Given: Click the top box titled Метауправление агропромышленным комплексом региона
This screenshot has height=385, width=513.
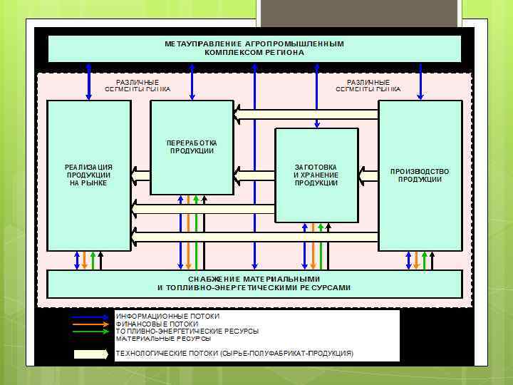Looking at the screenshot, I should click(x=254, y=48).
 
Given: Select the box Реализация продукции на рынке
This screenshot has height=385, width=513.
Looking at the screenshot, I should click(x=89, y=175).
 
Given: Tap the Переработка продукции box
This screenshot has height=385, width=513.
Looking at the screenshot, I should click(x=192, y=147).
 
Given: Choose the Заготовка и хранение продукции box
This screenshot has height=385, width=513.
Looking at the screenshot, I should click(x=316, y=175).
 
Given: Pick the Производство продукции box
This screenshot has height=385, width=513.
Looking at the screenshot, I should click(x=420, y=175).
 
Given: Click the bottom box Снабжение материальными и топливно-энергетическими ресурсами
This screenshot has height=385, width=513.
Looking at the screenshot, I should click(x=254, y=283).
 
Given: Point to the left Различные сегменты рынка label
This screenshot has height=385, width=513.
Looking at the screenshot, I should click(x=138, y=86).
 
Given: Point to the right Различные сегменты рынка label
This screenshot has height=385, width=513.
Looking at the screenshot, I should click(x=368, y=86).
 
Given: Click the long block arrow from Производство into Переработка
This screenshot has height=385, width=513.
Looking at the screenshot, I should click(x=306, y=114).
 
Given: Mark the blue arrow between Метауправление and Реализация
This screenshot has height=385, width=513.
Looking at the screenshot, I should click(x=89, y=81).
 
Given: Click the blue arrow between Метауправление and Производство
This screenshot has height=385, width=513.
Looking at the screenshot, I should click(x=420, y=81).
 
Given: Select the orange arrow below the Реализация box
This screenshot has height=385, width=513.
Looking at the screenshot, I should click(x=85, y=260).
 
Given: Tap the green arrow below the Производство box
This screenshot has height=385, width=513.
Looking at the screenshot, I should click(x=425, y=260).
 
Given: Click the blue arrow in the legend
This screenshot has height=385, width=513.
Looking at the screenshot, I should click(x=90, y=316).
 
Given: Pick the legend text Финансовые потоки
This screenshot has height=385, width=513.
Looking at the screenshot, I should click(x=157, y=324).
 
